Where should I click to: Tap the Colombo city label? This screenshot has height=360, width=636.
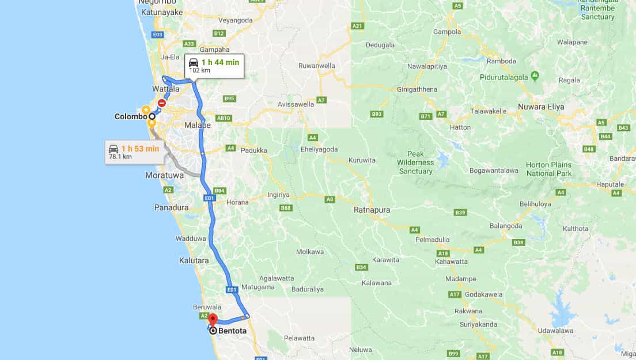[x=131, y=116]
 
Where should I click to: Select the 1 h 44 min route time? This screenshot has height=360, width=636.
[x=220, y=62]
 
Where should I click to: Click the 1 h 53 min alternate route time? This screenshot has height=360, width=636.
[x=140, y=149]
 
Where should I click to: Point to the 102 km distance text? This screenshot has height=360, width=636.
[x=199, y=70]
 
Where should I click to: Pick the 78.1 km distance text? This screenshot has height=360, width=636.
[x=120, y=157]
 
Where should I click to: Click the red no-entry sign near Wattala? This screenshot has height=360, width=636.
[x=162, y=103]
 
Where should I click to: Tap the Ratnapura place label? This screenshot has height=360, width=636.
[x=372, y=210]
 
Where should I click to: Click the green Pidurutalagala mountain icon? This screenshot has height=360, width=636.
[x=535, y=75]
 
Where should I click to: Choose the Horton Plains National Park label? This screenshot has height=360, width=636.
[x=548, y=169]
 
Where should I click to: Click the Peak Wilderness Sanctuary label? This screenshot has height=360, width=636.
[x=415, y=162]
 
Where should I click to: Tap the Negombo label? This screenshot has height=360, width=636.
[x=153, y=2]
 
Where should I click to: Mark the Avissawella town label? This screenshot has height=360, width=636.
[x=296, y=104]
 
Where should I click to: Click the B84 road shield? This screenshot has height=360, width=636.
[x=219, y=191]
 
